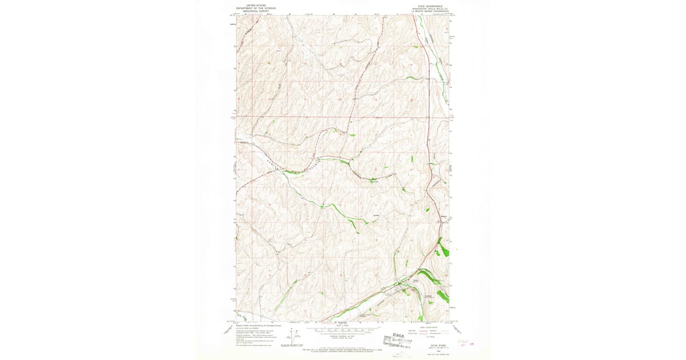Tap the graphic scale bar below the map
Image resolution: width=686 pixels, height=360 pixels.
343,330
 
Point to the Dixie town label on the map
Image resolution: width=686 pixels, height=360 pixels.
416,280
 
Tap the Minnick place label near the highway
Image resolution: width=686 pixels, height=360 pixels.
444,216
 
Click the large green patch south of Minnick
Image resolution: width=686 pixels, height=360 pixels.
441,249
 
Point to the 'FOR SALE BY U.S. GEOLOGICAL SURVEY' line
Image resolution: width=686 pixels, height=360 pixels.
343,348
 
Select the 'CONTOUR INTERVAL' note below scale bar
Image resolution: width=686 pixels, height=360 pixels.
343,337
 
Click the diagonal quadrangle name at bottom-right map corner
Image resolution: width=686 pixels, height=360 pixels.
454,329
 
